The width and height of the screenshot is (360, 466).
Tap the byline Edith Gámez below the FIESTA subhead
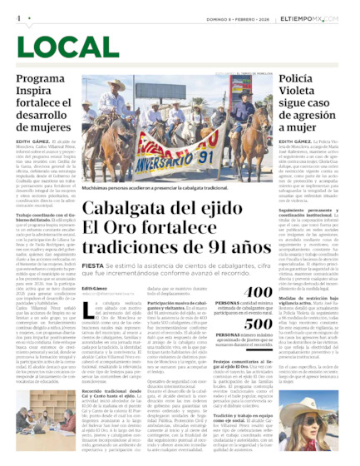[x=94, y=288]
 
